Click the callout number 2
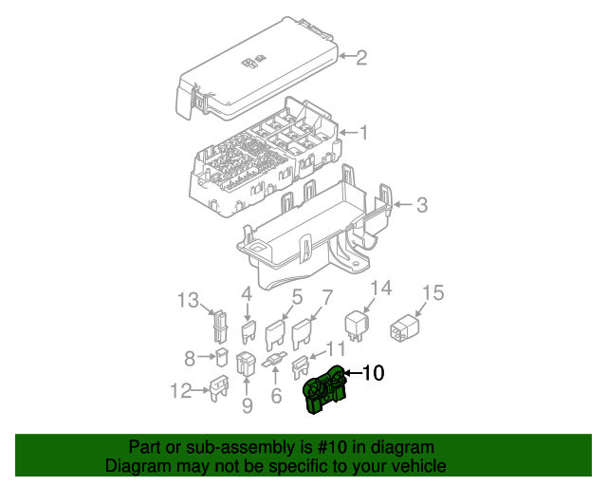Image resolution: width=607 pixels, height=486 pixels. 360,58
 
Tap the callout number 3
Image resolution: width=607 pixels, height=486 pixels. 422,204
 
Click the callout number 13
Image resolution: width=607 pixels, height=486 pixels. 189,301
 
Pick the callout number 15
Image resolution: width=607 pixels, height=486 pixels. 432,292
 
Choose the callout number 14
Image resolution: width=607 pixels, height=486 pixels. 379,289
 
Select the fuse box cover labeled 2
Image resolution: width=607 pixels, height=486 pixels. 256,76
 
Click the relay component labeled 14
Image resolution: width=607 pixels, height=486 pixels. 357,322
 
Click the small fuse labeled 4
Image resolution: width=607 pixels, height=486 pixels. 249,331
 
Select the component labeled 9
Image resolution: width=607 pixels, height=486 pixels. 245,364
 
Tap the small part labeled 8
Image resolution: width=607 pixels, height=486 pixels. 219,358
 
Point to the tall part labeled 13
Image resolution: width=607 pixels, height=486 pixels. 219,326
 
